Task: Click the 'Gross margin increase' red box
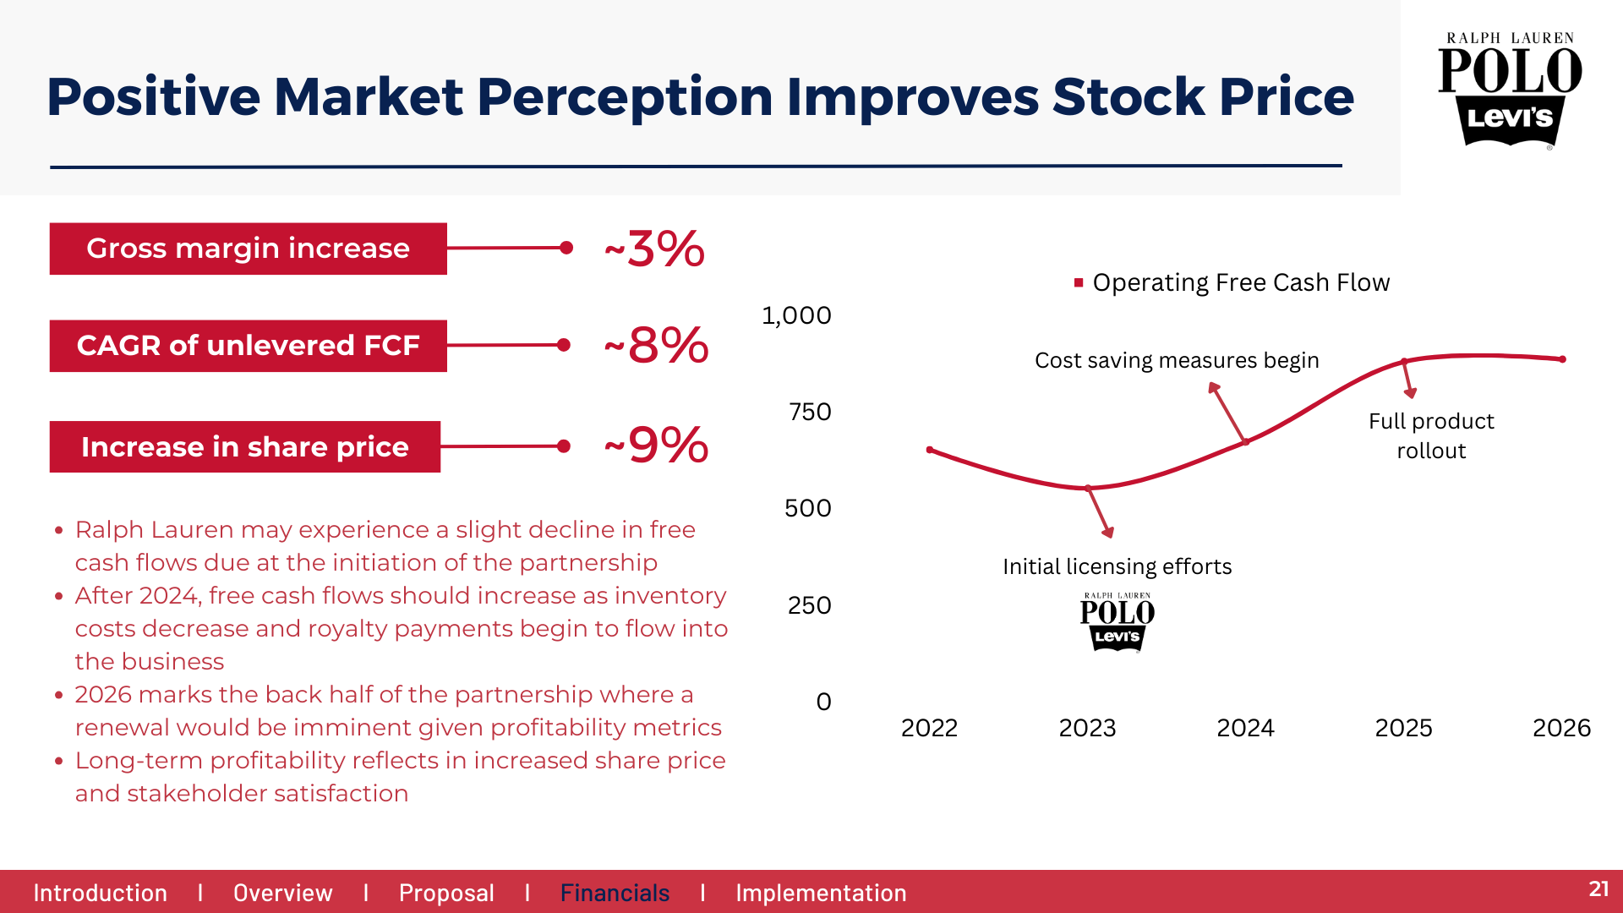coord(248,249)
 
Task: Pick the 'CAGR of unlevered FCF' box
coord(248,346)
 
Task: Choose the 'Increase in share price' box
coord(244,446)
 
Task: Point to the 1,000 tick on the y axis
coord(796,315)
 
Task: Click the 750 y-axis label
coord(809,412)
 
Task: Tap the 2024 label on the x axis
coord(1245,728)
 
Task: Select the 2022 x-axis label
coord(929,728)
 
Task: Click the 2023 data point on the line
coord(1088,488)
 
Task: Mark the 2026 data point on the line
coord(1562,359)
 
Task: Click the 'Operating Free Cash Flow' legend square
coord(1079,282)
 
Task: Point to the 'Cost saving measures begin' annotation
coord(1177,360)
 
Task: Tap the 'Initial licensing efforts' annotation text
coord(1117,566)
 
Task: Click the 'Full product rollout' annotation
coord(1431,435)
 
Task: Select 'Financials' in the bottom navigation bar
coord(615,893)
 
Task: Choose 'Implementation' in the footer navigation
coord(821,893)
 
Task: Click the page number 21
coord(1598,888)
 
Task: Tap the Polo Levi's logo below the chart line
coord(1117,622)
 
